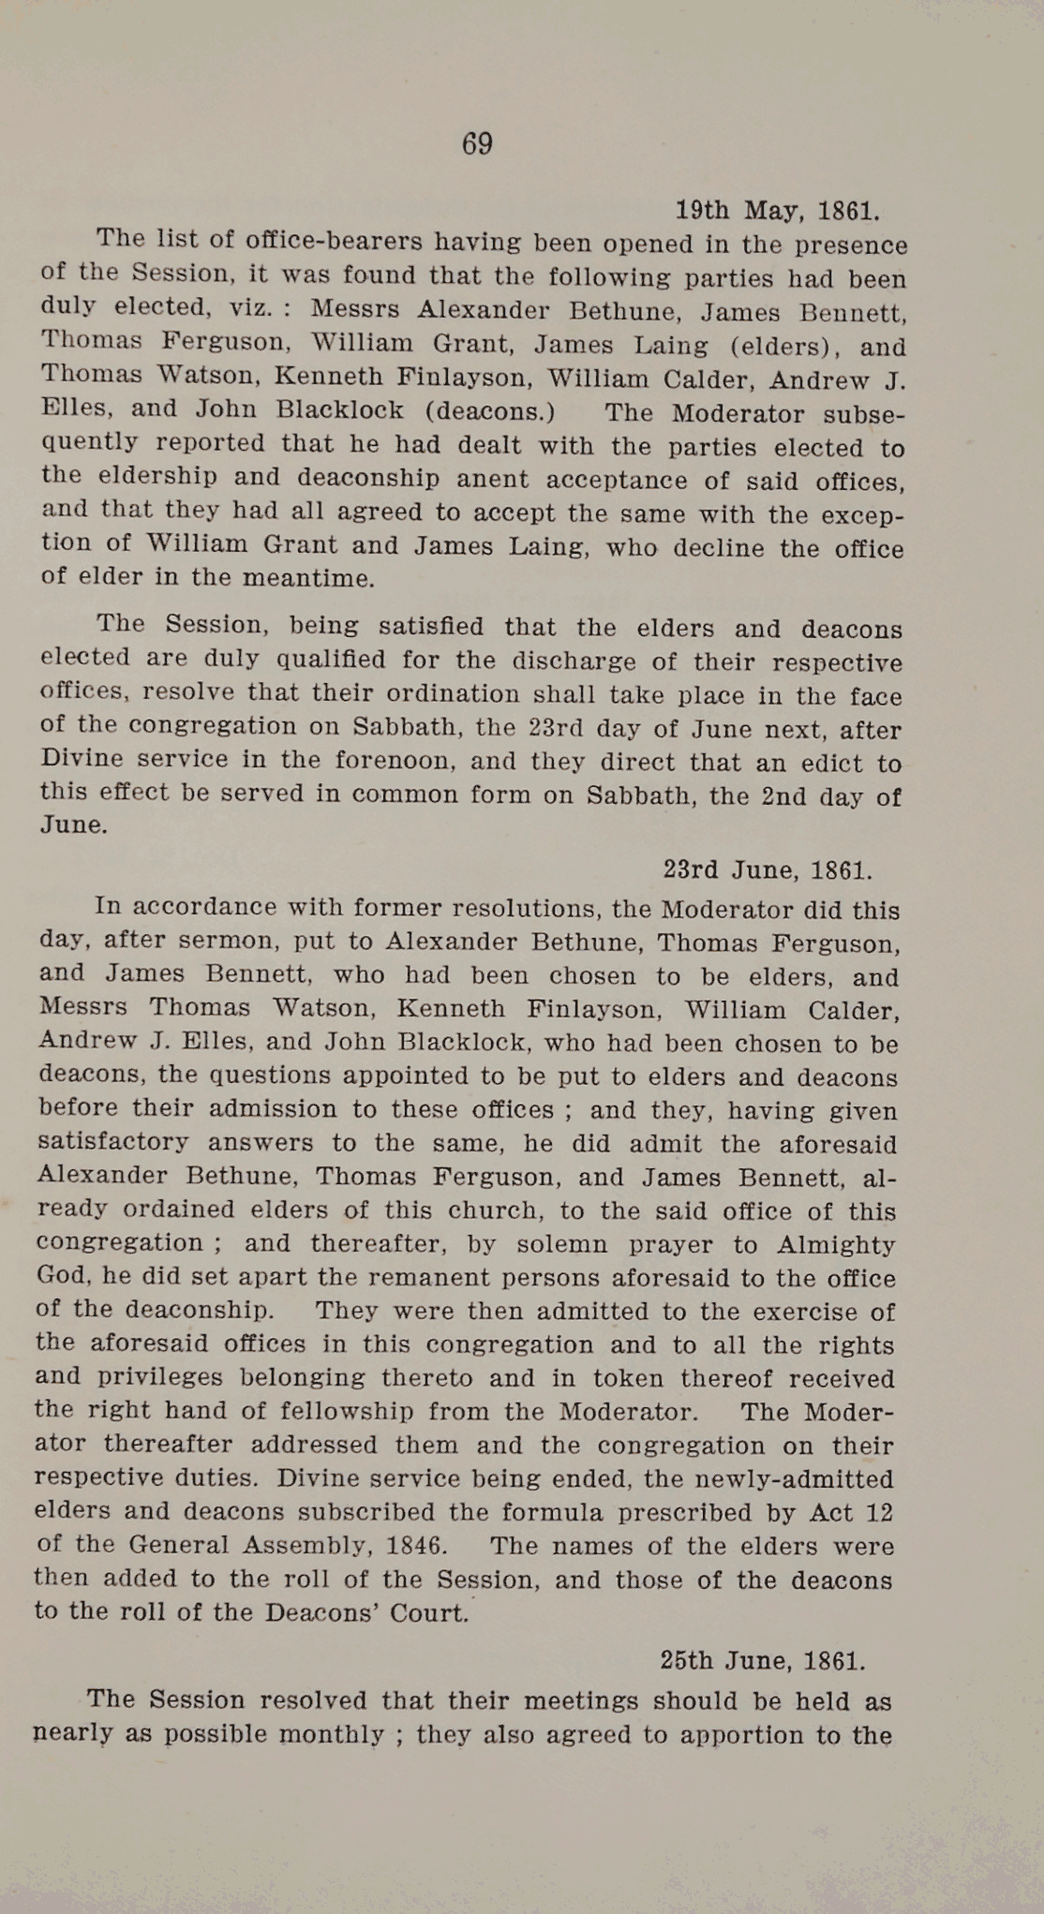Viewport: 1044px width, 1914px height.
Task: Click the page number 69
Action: pyautogui.click(x=477, y=143)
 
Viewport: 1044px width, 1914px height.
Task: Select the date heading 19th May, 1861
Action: pyautogui.click(x=777, y=210)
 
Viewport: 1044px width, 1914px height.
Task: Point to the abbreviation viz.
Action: pyautogui.click(x=252, y=308)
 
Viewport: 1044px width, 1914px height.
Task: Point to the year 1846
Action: pyautogui.click(x=415, y=1545)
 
